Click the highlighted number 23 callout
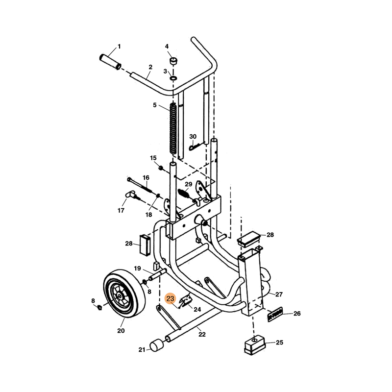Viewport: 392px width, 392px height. coord(170,298)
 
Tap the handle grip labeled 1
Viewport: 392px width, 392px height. coord(110,62)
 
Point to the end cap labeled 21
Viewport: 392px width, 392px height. coord(156,345)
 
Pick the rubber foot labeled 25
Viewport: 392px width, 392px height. coord(254,345)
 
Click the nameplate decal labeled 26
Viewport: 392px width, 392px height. coord(275,314)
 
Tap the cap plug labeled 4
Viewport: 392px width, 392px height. coord(172,61)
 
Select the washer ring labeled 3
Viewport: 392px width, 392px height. coord(173,78)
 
